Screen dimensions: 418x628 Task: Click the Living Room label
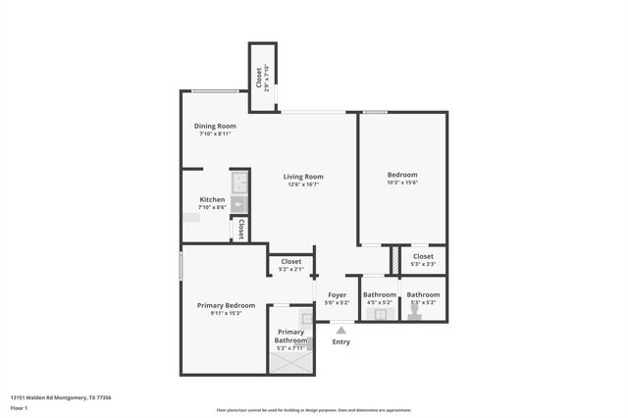304,177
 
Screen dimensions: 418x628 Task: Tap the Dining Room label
214,126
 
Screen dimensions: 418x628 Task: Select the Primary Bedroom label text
226,305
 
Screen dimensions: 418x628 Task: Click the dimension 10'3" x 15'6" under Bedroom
402,183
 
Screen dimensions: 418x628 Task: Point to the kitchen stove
238,183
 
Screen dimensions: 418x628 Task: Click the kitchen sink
238,204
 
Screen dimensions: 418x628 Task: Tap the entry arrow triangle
341,332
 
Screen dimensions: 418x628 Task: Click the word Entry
341,342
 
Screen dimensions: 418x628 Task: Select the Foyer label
337,294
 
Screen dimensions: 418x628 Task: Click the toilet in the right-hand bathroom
415,314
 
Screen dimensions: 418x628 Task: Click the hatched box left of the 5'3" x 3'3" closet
394,260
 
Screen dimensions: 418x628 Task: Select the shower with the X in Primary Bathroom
291,362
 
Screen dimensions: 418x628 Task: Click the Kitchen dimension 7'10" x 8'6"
213,207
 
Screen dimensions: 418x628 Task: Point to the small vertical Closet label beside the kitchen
239,229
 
